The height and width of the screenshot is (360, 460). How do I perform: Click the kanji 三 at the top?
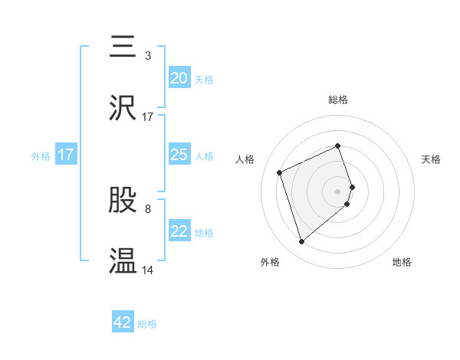(x=123, y=48)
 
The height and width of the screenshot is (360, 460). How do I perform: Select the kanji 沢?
(x=123, y=108)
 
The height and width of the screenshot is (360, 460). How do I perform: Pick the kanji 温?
(x=123, y=261)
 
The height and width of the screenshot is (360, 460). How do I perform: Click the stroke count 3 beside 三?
(x=148, y=56)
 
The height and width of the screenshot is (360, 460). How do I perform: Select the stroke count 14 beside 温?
(x=148, y=270)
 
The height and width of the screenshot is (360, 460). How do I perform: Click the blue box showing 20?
(x=179, y=78)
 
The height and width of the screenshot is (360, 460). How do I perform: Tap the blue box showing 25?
(x=179, y=155)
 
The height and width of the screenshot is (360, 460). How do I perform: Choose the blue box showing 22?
(x=179, y=231)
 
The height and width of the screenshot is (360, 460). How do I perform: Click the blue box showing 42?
(x=123, y=322)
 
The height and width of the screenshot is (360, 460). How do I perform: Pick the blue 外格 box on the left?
(x=66, y=155)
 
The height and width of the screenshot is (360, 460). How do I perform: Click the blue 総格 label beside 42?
(x=147, y=324)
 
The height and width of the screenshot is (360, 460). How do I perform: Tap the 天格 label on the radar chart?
(x=432, y=159)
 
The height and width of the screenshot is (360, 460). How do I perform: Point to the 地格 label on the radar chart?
(x=402, y=262)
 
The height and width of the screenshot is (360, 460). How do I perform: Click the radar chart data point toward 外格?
(x=301, y=242)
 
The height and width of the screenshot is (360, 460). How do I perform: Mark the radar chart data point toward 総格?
(x=337, y=146)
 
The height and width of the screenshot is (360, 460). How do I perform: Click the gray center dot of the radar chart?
(x=338, y=190)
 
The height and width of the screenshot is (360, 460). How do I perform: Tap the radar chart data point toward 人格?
(x=281, y=172)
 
